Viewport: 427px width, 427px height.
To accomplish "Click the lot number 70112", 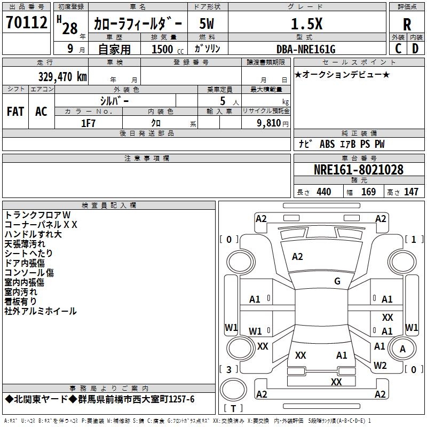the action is coord(26,22).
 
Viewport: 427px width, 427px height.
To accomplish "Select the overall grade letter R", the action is coord(407,25).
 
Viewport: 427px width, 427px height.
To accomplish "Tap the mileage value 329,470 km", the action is coord(62,77).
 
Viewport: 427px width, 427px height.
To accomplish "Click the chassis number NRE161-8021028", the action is coord(358,170).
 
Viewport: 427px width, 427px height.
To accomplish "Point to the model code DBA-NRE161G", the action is coord(306,49).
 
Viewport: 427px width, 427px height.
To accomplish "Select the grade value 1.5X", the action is coord(306,24).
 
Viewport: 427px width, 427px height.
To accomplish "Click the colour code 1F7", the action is coord(88,123).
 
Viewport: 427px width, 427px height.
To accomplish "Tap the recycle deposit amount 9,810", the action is coord(269,123).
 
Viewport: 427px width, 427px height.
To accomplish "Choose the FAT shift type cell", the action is coord(15,112).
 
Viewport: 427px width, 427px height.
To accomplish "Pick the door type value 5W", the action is coord(207,24).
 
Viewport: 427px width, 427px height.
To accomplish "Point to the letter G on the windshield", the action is coord(337,281).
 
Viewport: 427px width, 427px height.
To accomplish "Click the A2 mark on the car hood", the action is coord(297,257).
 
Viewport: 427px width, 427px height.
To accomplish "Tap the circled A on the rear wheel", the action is coord(402,349).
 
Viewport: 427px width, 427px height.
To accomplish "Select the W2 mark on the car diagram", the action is coord(380,366).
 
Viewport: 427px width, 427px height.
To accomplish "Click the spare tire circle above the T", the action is coord(233,390).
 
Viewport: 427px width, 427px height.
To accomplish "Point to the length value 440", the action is coord(324,192).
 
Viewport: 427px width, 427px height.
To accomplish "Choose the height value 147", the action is coord(411,192).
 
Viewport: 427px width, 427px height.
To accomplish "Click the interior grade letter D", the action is coord(415,49).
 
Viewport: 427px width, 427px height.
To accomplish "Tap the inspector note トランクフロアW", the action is coord(37,215).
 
